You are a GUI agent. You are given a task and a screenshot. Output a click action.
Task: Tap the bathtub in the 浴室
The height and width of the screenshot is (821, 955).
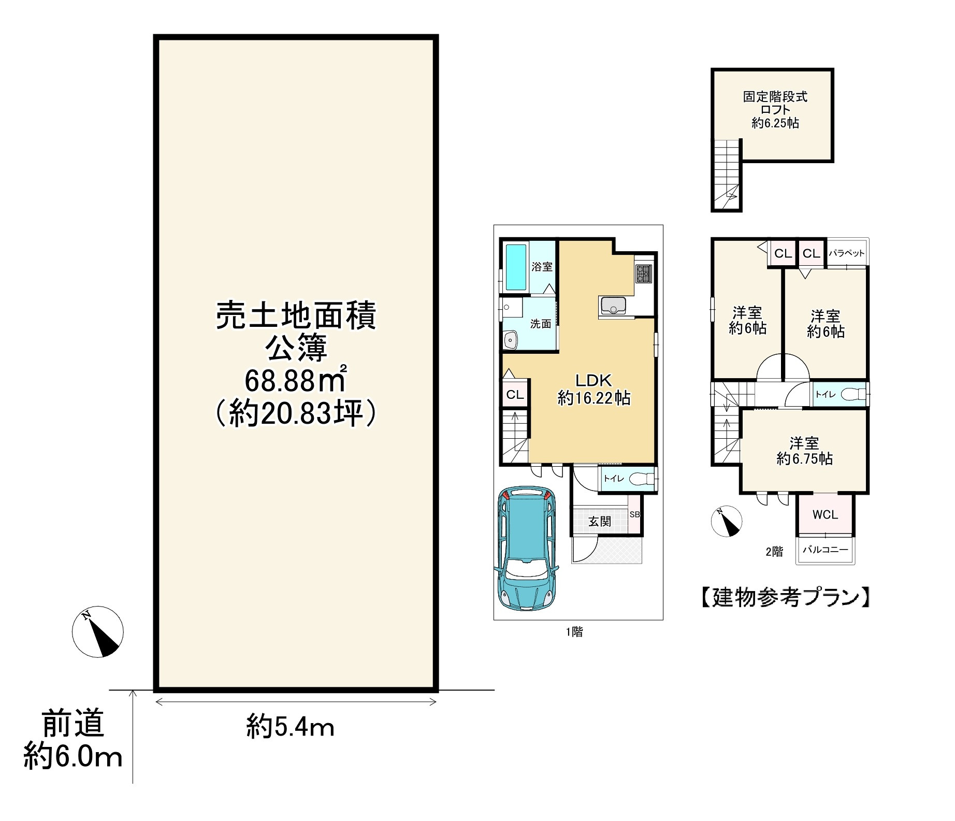coord(515,268)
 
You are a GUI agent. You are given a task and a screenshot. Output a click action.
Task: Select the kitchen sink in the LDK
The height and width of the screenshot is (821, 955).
coord(613,306)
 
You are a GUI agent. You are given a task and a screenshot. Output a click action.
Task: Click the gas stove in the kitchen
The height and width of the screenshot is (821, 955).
coord(644,273)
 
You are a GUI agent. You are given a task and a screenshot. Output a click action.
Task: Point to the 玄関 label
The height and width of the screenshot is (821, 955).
coord(599,522)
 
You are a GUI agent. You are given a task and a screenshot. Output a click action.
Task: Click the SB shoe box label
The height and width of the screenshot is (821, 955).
coord(634,514)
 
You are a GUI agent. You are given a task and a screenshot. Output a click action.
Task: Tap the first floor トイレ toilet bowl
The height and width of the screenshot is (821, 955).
coord(641,479)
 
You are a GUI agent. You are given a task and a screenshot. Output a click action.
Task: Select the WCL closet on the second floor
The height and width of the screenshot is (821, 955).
coord(824,514)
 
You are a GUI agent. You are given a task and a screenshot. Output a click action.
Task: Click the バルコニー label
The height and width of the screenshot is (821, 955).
coord(826,550)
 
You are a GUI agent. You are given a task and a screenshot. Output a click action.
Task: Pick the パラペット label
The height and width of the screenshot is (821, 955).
coord(847,253)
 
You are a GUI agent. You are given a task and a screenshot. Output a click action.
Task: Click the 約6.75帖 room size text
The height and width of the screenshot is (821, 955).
coord(804,459)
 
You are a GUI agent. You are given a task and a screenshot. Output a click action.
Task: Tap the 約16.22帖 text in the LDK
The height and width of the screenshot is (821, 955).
coord(594,398)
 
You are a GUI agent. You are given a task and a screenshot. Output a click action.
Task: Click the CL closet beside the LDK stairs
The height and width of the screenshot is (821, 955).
coord(515,395)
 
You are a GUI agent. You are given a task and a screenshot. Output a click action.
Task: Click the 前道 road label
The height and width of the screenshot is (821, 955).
coord(73,724)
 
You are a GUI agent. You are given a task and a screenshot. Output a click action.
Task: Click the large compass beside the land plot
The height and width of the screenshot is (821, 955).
coord(97,631)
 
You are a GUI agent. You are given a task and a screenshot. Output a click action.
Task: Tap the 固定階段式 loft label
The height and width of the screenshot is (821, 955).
coord(775,97)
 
